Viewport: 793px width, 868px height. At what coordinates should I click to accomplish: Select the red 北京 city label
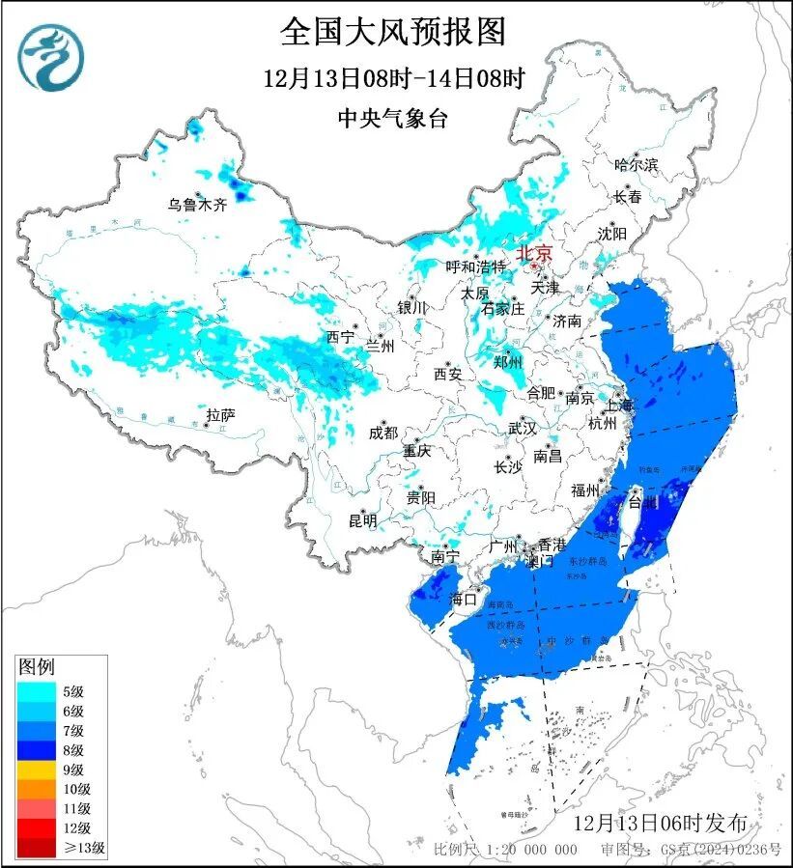533,253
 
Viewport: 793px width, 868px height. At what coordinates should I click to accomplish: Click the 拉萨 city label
220,415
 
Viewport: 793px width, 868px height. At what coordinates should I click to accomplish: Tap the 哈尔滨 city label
636,165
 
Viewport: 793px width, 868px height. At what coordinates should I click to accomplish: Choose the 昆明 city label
363,520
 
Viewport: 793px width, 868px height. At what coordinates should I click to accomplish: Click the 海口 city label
465,599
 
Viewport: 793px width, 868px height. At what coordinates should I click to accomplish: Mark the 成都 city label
383,433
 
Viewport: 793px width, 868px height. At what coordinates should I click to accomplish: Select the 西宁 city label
340,337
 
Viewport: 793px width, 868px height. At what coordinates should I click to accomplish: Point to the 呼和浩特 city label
475,266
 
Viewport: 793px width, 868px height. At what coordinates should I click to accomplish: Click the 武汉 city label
523,428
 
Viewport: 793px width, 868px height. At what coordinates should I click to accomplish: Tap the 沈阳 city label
611,234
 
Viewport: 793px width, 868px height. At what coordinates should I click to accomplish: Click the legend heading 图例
37,666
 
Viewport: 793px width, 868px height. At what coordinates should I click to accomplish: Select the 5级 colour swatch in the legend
38,691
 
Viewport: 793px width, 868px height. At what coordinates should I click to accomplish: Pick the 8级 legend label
73,750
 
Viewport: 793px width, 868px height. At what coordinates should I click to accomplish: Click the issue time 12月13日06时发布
660,823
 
